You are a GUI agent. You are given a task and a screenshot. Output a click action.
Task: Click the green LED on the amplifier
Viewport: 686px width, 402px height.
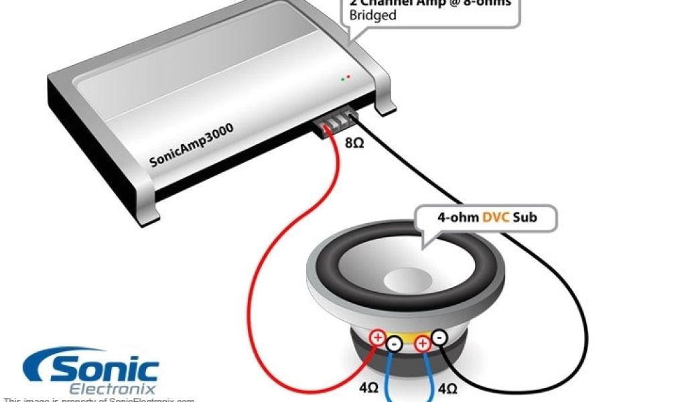click(342, 79)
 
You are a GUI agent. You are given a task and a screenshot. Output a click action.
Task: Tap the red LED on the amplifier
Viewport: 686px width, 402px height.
click(348, 78)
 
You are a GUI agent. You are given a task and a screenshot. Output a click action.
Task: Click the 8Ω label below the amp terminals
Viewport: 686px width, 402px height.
click(354, 143)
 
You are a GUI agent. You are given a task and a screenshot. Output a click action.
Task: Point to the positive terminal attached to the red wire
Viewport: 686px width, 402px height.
click(378, 337)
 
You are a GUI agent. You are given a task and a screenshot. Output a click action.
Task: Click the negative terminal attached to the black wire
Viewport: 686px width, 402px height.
click(439, 338)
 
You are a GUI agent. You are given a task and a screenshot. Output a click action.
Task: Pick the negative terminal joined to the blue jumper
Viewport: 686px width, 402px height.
click(394, 345)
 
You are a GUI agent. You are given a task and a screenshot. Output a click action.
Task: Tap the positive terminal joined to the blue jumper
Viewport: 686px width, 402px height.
click(422, 345)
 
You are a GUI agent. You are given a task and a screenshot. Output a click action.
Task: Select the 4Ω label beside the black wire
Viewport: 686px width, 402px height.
click(448, 388)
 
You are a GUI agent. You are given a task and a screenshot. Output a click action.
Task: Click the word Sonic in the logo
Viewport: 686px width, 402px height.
click(100, 369)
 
